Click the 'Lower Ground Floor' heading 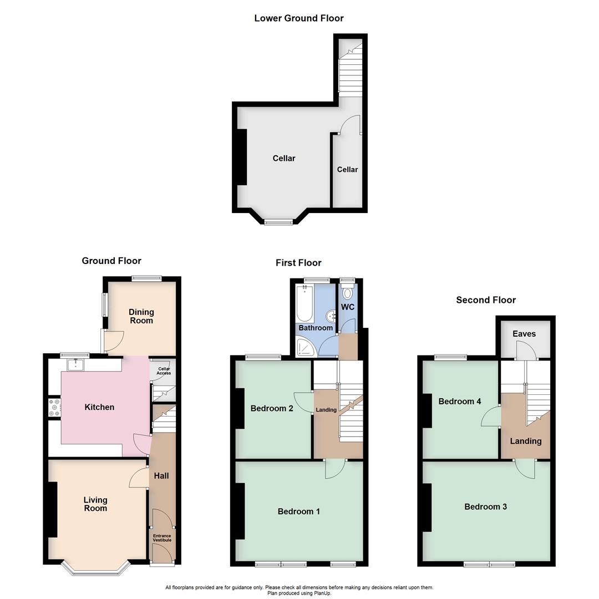(298, 18)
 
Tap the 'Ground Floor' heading (111, 261)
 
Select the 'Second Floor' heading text (486, 300)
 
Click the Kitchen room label (99, 407)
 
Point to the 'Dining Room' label (141, 316)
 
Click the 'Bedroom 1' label (298, 511)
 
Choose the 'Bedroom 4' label (459, 401)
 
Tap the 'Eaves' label (524, 334)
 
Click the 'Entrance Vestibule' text (163, 538)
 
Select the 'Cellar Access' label (164, 370)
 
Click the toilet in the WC (348, 293)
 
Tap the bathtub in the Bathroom (304, 303)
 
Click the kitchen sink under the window (75, 364)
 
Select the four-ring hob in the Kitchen (54, 408)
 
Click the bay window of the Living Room (95, 569)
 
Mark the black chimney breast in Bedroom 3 (428, 507)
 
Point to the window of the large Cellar (278, 222)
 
